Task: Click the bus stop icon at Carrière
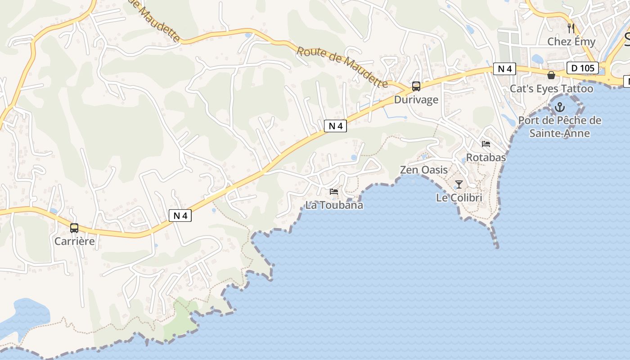point(74,228)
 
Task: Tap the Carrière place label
point(75,241)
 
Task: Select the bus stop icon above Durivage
point(416,86)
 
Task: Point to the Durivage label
point(416,100)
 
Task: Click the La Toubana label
point(334,205)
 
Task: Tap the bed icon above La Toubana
point(334,192)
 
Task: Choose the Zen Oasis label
point(424,170)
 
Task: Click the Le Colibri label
point(459,198)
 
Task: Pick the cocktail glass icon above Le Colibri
point(459,184)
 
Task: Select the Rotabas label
point(486,158)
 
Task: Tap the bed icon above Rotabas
point(486,144)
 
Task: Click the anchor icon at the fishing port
point(560,107)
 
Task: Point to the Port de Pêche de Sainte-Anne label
point(559,127)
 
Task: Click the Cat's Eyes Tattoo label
point(551,89)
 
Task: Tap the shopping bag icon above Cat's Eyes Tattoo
point(551,75)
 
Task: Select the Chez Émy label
point(571,42)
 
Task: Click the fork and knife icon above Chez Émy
point(571,28)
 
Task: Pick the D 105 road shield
point(583,68)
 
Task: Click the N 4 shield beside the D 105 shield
point(504,69)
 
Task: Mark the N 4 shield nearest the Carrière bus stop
point(180,216)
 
